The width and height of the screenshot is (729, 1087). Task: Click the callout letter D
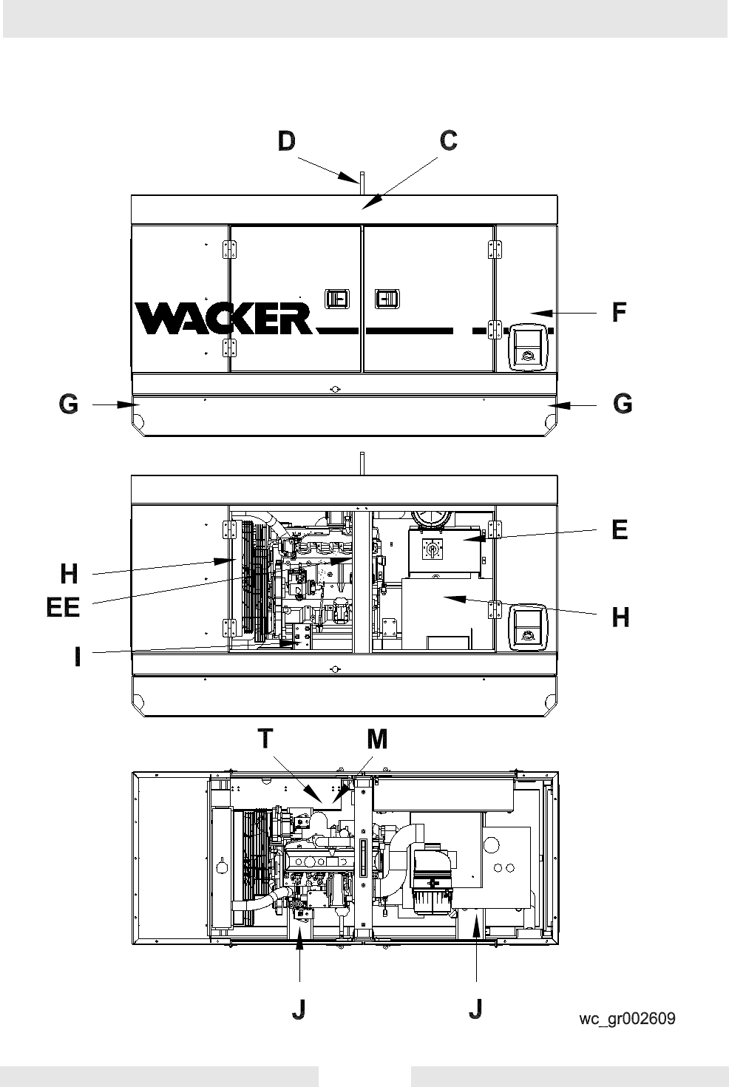(287, 141)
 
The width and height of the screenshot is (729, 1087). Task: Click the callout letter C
(449, 140)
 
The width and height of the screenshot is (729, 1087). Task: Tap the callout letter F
(619, 312)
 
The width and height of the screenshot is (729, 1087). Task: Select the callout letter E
(620, 529)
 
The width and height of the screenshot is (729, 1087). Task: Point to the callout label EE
(63, 607)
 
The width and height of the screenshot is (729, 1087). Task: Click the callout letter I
(77, 657)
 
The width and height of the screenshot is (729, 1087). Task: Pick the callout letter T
(265, 739)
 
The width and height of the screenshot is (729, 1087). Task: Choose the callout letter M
(377, 739)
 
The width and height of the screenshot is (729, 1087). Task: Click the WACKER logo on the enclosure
(224, 318)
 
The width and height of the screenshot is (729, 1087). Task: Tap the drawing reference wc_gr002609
(627, 1018)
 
